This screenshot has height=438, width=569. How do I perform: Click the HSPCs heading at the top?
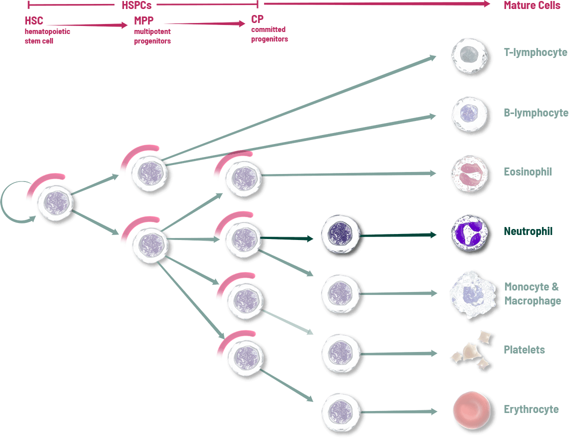(136, 5)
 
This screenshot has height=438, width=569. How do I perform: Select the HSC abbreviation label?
(34, 21)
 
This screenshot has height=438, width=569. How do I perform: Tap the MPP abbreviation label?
(144, 21)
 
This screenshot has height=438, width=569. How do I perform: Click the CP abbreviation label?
(257, 19)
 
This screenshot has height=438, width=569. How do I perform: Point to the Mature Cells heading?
(532, 5)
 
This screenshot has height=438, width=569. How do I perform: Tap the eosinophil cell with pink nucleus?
(469, 173)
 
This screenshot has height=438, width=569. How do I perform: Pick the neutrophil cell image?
(469, 232)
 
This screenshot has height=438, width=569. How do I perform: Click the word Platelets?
(524, 350)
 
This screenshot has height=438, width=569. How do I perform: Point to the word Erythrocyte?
(531, 409)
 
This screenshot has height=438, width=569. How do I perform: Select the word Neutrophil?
(528, 231)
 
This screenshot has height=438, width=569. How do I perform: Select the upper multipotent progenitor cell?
(148, 173)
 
